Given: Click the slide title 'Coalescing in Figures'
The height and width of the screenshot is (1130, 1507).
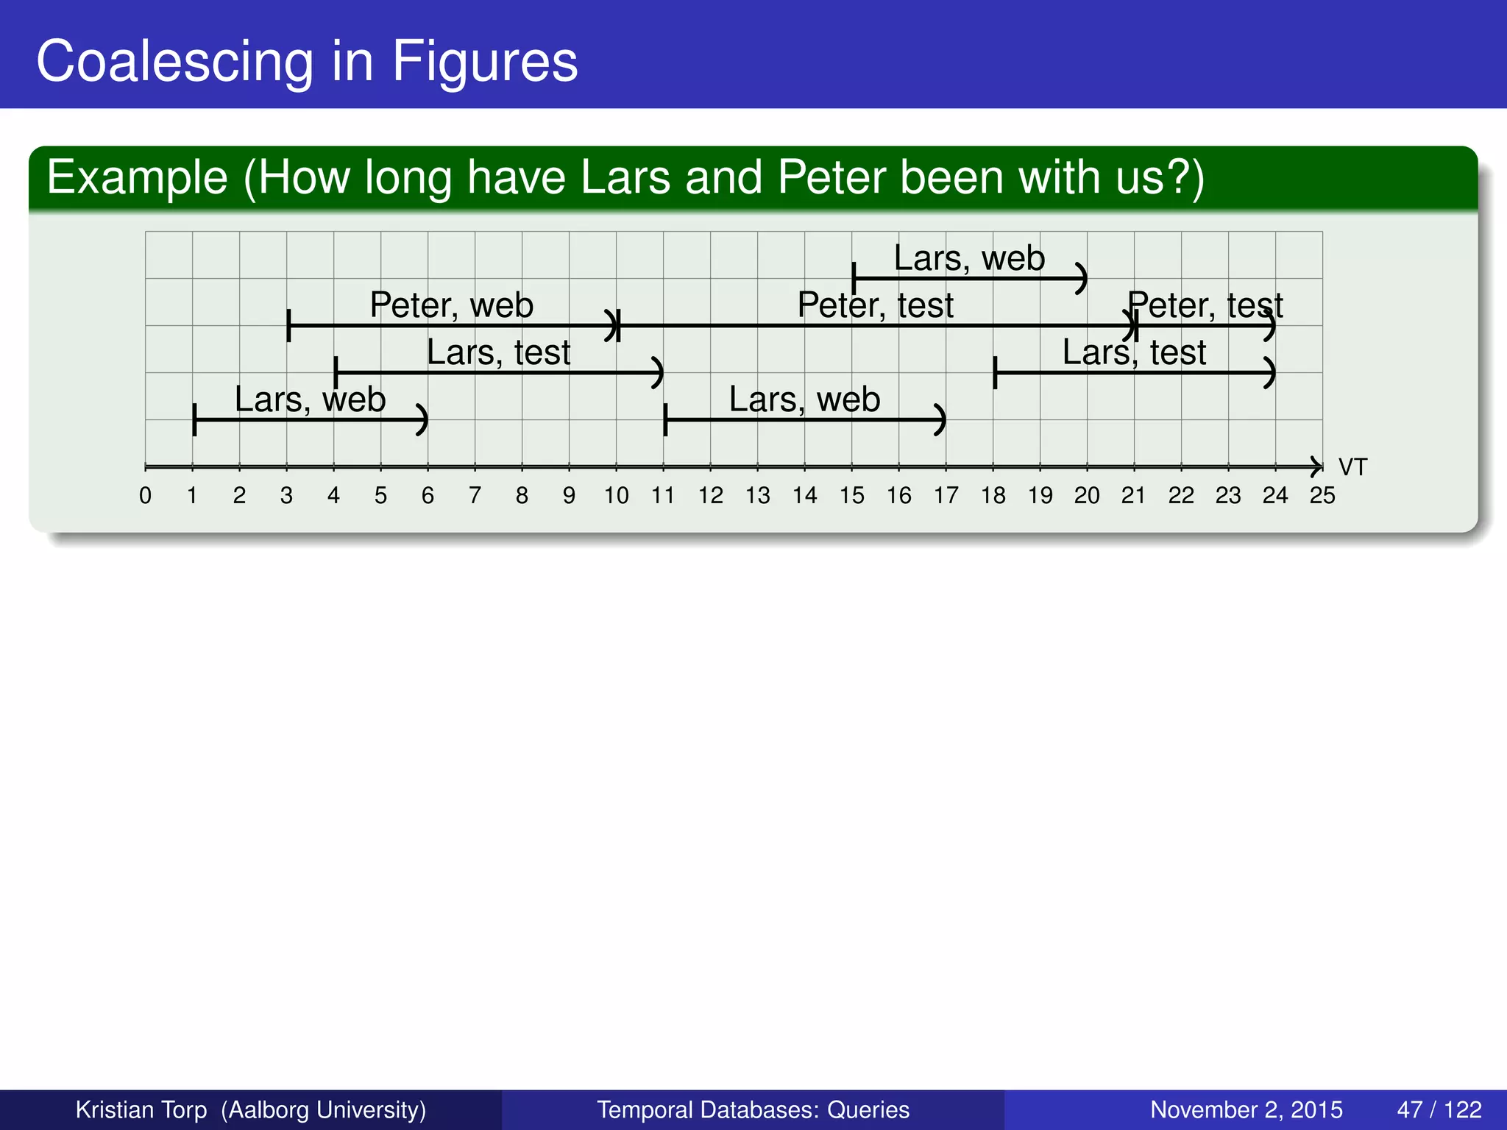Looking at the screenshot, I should [x=307, y=61].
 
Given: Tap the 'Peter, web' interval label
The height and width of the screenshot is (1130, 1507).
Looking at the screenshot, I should [x=451, y=305].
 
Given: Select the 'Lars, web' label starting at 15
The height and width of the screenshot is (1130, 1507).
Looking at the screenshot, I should [x=969, y=258].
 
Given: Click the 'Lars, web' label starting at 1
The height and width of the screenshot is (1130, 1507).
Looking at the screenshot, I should [x=310, y=399].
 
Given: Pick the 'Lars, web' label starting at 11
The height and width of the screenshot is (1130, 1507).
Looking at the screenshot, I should [x=804, y=399].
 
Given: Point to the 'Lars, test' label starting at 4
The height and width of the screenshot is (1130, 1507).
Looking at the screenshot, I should [x=498, y=352].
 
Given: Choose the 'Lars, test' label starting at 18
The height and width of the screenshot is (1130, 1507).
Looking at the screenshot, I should [x=1134, y=352].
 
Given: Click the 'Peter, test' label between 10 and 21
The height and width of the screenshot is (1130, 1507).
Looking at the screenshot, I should [x=875, y=305].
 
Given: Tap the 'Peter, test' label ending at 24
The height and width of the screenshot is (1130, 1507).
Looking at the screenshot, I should [x=1205, y=305].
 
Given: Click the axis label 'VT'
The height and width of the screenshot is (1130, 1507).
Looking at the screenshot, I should [x=1352, y=467].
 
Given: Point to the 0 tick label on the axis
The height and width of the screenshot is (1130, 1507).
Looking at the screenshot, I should [x=146, y=496].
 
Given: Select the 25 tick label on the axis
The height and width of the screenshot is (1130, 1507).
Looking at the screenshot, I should [x=1322, y=496].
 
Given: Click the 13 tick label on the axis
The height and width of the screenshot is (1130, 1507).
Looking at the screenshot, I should [x=757, y=496].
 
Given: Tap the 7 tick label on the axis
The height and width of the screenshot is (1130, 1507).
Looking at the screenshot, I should [x=475, y=496].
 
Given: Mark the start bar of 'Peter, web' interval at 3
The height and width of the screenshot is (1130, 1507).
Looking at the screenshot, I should [x=288, y=325].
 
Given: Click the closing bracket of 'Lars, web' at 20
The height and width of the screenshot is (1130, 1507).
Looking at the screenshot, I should [x=1081, y=278].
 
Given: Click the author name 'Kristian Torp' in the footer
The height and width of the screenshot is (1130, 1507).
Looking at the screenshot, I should [x=141, y=1109].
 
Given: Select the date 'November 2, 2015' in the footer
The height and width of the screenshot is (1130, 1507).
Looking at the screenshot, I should [x=1246, y=1109].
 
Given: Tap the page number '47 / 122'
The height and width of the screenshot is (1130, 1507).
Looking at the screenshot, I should [x=1439, y=1109].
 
